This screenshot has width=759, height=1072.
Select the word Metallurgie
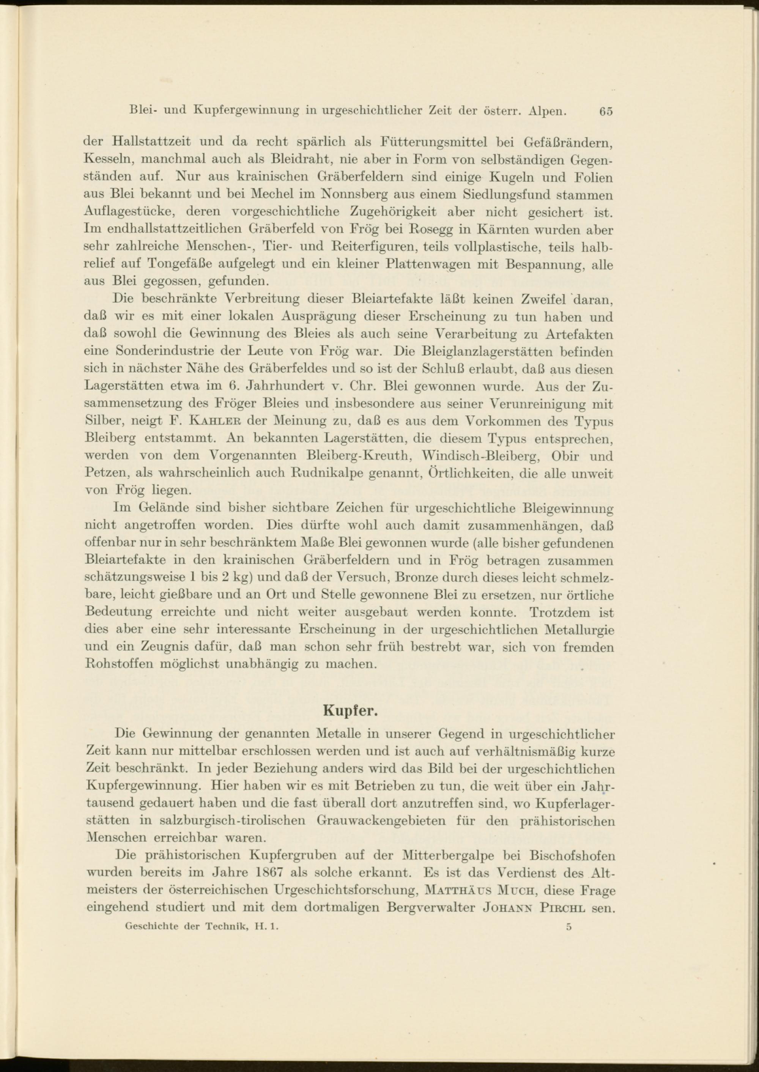(x=579, y=630)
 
